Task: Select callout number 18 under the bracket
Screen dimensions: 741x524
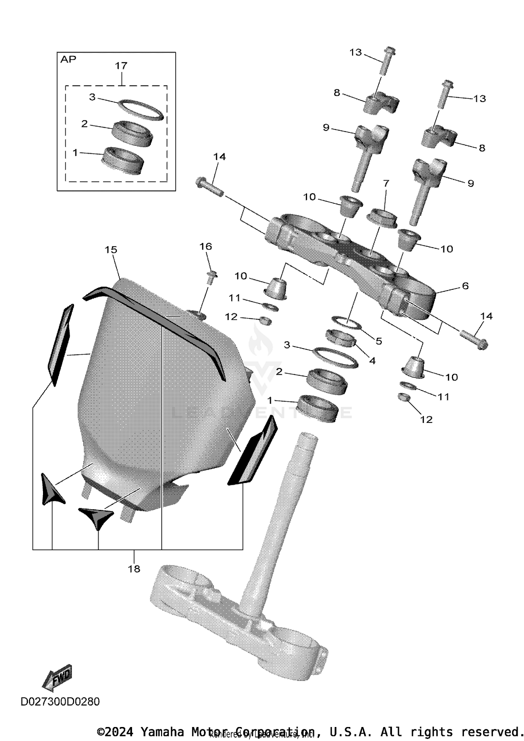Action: click(134, 569)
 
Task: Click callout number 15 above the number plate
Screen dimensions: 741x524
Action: click(111, 250)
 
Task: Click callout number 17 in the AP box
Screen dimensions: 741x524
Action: click(121, 65)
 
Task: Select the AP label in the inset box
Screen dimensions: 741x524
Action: click(68, 59)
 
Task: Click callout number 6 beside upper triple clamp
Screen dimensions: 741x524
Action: click(465, 286)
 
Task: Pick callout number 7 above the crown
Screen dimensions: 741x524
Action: click(386, 183)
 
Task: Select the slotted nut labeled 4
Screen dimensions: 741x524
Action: click(340, 338)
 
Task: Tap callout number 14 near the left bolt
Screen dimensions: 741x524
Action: click(220, 157)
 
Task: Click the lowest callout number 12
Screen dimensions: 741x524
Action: click(426, 419)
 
